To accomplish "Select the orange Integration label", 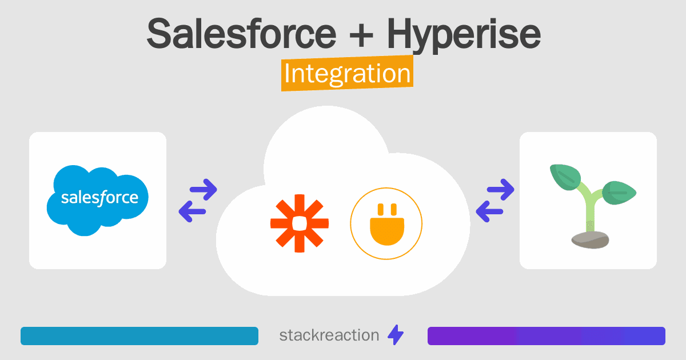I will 347,74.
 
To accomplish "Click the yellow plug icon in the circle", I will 386,223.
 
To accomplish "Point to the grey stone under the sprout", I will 589,240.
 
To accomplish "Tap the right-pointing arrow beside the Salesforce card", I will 204,190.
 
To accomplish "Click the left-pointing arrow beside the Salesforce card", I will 192,211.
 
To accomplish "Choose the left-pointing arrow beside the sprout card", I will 489,211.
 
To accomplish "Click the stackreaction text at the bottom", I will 329,335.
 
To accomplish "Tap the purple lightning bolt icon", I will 396,335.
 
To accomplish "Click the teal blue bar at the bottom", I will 139,336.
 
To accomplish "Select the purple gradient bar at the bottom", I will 546,336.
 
